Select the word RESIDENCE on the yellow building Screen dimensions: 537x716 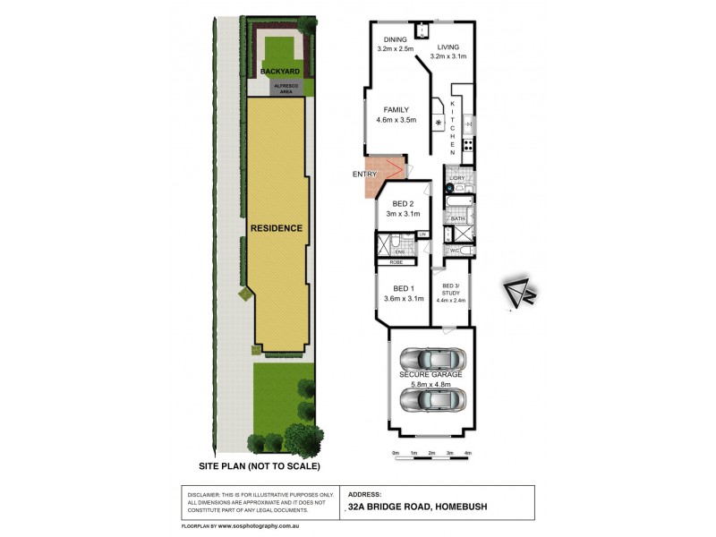pyautogui.click(x=276, y=228)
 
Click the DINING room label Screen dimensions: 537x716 pyautogui.click(x=395, y=39)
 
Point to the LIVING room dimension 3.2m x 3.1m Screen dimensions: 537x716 pyautogui.click(x=448, y=56)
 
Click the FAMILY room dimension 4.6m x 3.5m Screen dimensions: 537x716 pyautogui.click(x=395, y=120)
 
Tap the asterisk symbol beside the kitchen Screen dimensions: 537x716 pyautogui.click(x=439, y=122)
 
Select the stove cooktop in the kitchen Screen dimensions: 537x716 pyautogui.click(x=468, y=142)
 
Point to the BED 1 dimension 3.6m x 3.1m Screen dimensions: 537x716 pyautogui.click(x=403, y=299)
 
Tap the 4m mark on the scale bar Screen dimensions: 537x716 pyautogui.click(x=468, y=454)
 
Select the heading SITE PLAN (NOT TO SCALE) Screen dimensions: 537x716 pyautogui.click(x=260, y=466)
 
